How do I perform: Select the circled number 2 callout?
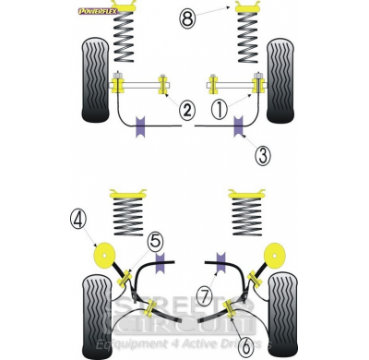pos(186,111)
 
